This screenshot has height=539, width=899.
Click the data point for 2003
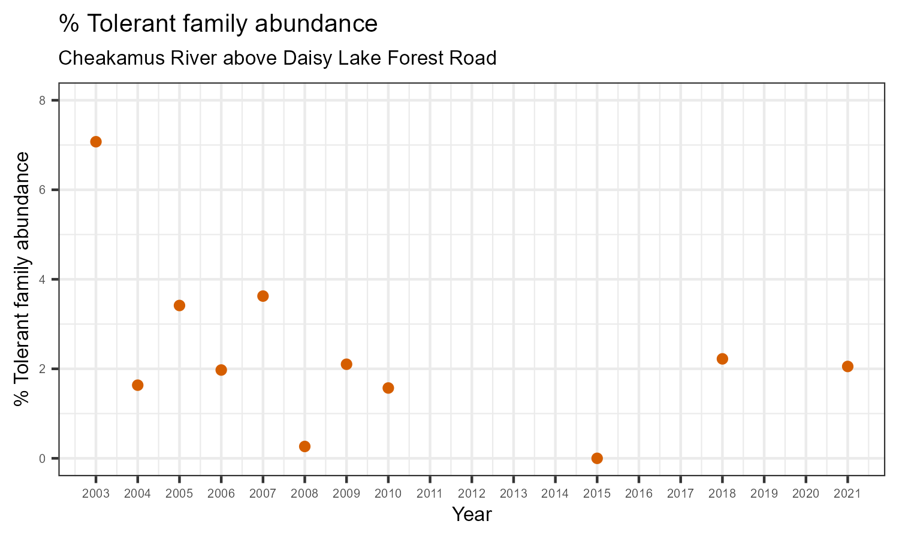pyautogui.click(x=96, y=141)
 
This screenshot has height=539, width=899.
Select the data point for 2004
pyautogui.click(x=137, y=385)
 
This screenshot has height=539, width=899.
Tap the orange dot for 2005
pyautogui.click(x=179, y=305)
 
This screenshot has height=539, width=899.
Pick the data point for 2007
pyautogui.click(x=263, y=296)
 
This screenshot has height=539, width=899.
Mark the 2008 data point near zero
pyautogui.click(x=304, y=446)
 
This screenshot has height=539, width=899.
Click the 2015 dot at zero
pyautogui.click(x=597, y=458)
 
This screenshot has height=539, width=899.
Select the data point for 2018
pyautogui.click(x=722, y=359)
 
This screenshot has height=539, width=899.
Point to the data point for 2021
pyautogui.click(x=847, y=367)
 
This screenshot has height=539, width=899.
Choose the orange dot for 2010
pyautogui.click(x=388, y=388)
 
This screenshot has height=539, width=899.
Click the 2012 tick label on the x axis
pyautogui.click(x=472, y=494)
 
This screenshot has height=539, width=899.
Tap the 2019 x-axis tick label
pyautogui.click(x=764, y=494)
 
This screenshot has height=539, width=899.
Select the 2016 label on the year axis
pyautogui.click(x=639, y=494)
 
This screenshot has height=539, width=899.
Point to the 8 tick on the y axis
pyautogui.click(x=43, y=101)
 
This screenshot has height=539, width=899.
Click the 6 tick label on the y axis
pyautogui.click(x=43, y=190)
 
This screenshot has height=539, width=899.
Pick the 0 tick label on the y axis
pyautogui.click(x=43, y=459)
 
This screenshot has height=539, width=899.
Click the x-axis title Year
pyautogui.click(x=472, y=514)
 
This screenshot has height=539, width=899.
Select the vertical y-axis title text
pyautogui.click(x=22, y=278)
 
